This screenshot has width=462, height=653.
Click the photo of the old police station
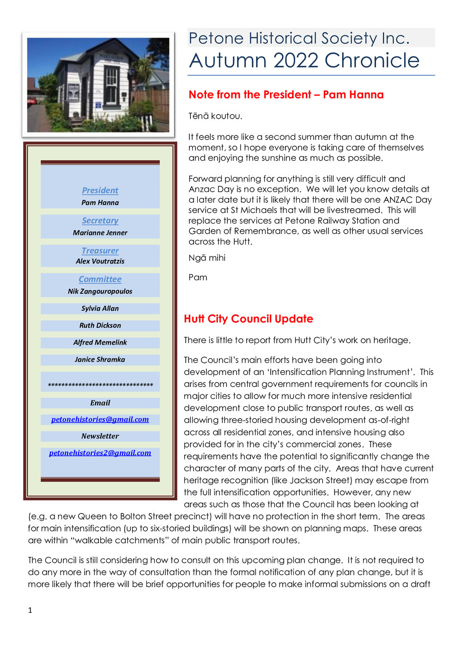[x=98, y=85]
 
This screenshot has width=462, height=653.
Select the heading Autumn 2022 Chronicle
[x=304, y=60]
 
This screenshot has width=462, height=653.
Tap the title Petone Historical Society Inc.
[x=299, y=38]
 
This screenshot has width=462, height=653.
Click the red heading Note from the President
[x=286, y=95]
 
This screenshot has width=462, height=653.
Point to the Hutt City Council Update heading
[x=249, y=319]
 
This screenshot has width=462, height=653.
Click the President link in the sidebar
[x=100, y=190]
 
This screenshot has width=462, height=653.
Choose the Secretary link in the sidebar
[x=100, y=221]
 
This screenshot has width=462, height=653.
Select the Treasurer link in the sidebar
[x=100, y=251]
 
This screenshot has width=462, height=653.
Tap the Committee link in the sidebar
[x=100, y=279]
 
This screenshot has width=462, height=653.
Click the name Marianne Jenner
[x=100, y=233]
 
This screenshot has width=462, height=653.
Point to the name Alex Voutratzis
[x=100, y=261]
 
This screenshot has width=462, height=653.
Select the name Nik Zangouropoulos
[x=100, y=291]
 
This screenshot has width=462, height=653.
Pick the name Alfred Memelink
[x=100, y=343]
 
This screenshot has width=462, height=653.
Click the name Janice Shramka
[x=100, y=359]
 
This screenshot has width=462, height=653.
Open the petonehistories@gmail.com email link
[x=100, y=419]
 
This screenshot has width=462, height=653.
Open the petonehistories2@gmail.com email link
[x=100, y=453]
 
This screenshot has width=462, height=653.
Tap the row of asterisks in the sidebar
[x=100, y=385]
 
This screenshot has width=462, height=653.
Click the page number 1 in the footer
[x=30, y=610]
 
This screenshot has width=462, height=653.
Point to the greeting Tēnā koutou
[x=215, y=116]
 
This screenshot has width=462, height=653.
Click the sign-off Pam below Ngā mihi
[x=198, y=278]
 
